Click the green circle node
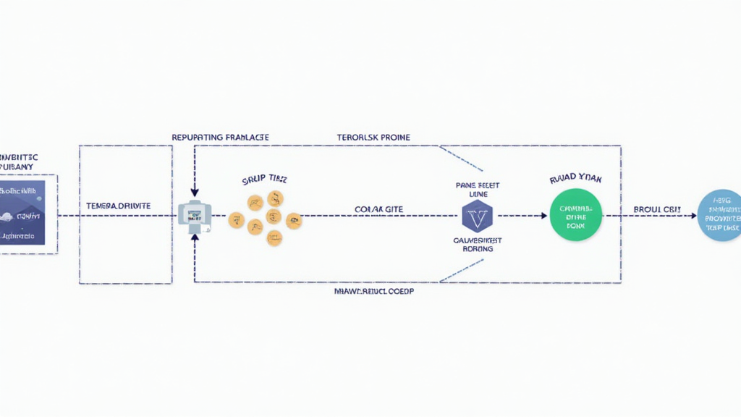[577, 215]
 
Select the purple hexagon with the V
[477, 216]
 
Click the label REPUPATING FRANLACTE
[220, 136]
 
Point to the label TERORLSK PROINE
[373, 136]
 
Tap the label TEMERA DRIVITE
[118, 206]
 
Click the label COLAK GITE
[378, 208]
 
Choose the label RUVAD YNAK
[577, 177]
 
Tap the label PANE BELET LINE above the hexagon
[478, 190]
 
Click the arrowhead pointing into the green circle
[543, 216]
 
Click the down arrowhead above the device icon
[195, 190]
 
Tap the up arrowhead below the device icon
[195, 240]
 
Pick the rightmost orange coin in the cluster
[294, 220]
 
